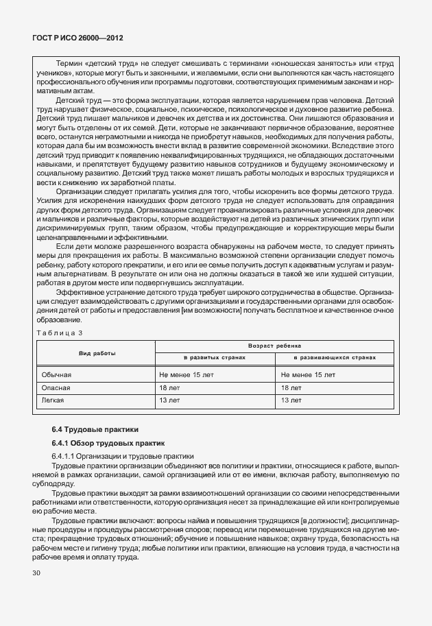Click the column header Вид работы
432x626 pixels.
96,352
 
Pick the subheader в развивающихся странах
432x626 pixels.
335,359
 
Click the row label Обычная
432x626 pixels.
56,375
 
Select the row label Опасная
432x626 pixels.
56,387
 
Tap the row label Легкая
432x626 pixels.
53,399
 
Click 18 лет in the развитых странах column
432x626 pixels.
169,387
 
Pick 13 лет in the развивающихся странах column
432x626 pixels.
291,399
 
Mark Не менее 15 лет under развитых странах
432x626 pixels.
186,375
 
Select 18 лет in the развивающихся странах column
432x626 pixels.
291,387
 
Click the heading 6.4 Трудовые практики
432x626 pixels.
95,429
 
